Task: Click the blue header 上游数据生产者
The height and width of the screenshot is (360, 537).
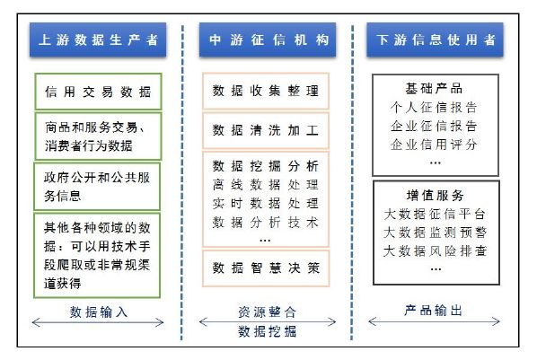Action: [x=98, y=40]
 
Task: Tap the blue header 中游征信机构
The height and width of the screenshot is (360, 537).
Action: [x=268, y=40]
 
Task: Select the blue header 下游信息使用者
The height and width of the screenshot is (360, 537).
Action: [x=435, y=40]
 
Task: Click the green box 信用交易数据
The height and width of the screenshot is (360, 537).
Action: [x=98, y=92]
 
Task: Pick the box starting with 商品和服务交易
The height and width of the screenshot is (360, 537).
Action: [x=98, y=136]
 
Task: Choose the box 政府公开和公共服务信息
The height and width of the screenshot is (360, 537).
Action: [x=97, y=187]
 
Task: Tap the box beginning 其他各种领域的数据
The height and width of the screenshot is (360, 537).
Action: [x=97, y=256]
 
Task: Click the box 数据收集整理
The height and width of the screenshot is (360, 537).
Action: [x=266, y=91]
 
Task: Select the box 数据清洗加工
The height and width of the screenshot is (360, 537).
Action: [x=266, y=130]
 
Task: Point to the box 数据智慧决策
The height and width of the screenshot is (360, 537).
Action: [x=266, y=268]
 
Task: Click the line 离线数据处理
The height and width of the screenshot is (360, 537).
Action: [x=266, y=185]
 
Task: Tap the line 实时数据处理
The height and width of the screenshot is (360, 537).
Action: [x=266, y=204]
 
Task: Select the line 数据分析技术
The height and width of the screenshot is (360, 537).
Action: [x=266, y=223]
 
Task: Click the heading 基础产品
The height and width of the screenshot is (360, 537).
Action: [x=434, y=88]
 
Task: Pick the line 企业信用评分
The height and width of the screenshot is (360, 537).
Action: [x=434, y=145]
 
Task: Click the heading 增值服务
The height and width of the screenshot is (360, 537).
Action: [x=436, y=196]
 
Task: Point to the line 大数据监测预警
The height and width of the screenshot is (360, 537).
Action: [x=436, y=233]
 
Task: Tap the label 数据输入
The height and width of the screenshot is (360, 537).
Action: [x=99, y=312]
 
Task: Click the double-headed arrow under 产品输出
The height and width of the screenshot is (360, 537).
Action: [x=434, y=321]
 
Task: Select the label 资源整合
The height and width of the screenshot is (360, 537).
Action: [x=268, y=312]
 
